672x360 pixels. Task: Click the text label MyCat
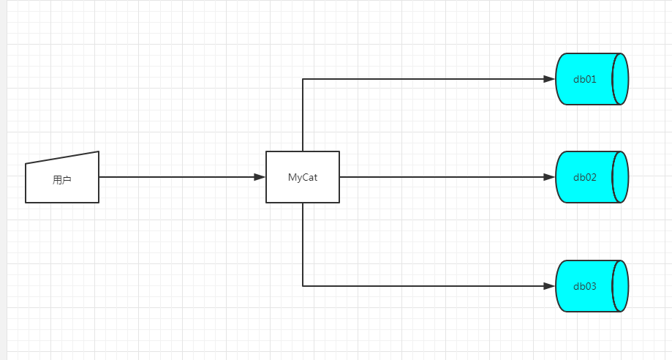303,177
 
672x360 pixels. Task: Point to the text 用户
62,179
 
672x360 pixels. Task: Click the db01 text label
585,79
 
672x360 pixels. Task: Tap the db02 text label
585,177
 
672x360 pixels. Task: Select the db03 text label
585,286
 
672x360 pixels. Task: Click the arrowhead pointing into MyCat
260,177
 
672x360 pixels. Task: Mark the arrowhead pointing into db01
549,79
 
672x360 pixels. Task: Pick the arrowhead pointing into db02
549,177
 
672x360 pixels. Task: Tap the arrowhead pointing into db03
549,286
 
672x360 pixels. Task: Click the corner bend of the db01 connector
303,79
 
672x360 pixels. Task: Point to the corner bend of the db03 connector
303,286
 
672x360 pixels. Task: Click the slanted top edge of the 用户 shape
62,157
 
